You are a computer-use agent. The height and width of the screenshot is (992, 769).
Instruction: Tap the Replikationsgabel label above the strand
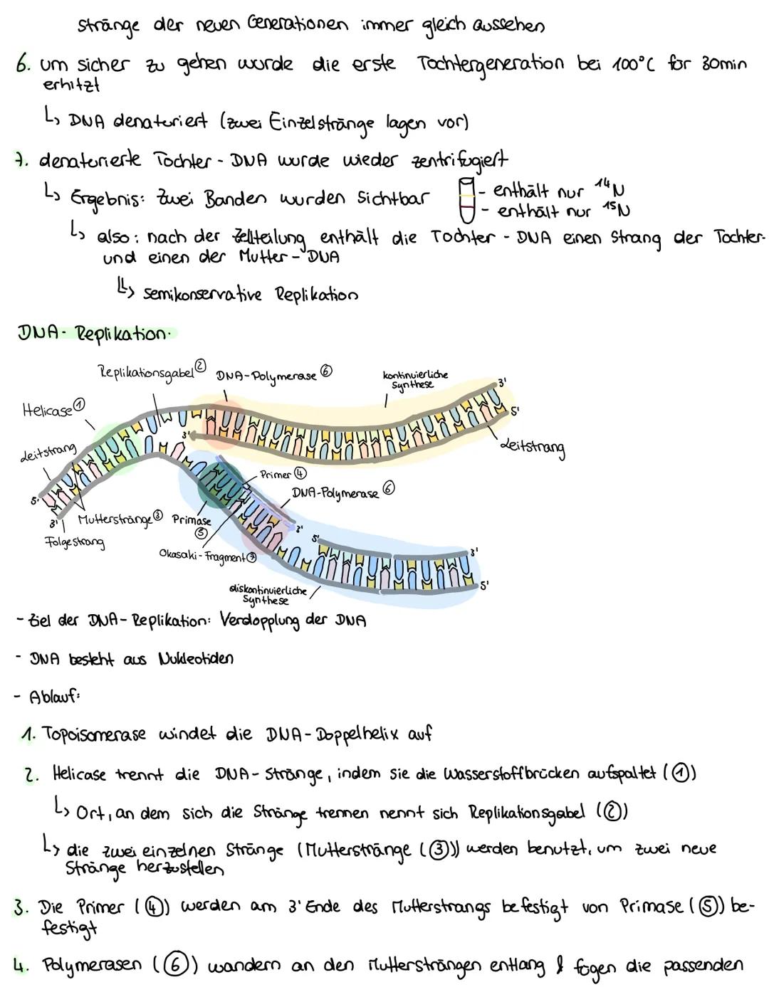point(146,373)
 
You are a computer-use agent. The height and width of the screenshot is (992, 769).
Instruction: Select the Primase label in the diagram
point(192,521)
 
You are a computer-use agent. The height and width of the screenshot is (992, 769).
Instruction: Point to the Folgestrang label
point(74,542)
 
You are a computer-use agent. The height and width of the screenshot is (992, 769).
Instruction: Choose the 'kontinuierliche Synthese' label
point(415,379)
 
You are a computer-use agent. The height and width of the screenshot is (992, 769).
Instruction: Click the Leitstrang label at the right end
point(533,448)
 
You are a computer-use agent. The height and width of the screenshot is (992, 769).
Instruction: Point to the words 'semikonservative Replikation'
point(250,294)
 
